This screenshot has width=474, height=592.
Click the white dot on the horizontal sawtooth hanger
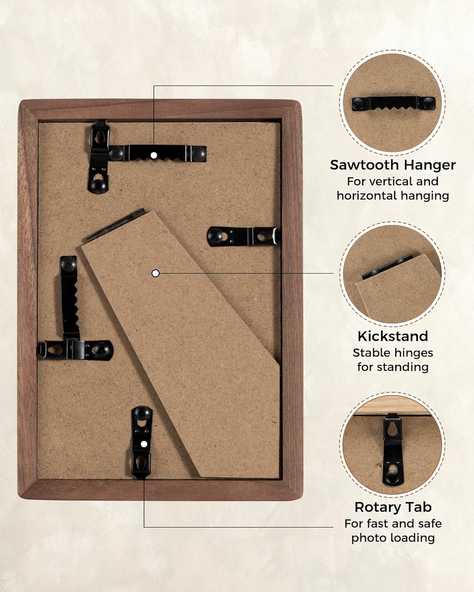[154, 155]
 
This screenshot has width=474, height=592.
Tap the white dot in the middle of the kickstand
[156, 273]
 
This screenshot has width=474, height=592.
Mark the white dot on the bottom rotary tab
[144, 444]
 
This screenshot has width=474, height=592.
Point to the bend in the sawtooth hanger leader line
[154, 86]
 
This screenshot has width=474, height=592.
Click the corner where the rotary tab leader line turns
[144, 527]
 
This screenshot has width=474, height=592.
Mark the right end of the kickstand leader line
[333, 273]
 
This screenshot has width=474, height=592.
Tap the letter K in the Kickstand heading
[363, 336]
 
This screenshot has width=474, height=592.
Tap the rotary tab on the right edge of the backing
[243, 236]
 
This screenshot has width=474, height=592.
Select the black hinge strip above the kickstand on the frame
[116, 225]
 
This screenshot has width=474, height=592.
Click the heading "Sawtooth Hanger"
[393, 165]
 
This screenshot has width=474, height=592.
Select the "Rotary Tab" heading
[393, 507]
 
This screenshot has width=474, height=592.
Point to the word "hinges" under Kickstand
[416, 353]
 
